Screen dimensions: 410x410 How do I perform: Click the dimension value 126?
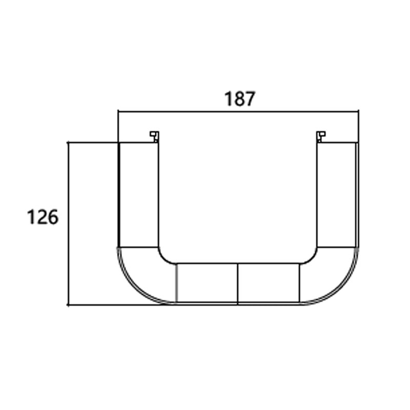pos(43,217)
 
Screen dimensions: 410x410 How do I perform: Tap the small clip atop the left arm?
pos(154,136)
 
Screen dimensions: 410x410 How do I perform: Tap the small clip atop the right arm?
pos(321,136)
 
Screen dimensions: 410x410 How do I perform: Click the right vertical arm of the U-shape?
pos(336,195)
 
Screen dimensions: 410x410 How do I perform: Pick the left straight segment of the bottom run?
pos(207,283)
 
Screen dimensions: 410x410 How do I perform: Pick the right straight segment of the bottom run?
pos(268,283)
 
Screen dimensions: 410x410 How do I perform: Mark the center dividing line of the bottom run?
pos(238,283)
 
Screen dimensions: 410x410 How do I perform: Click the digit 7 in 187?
pos(250,99)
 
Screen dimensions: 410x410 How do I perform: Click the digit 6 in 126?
pos(53,217)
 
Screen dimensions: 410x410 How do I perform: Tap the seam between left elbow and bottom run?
pos(176,283)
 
